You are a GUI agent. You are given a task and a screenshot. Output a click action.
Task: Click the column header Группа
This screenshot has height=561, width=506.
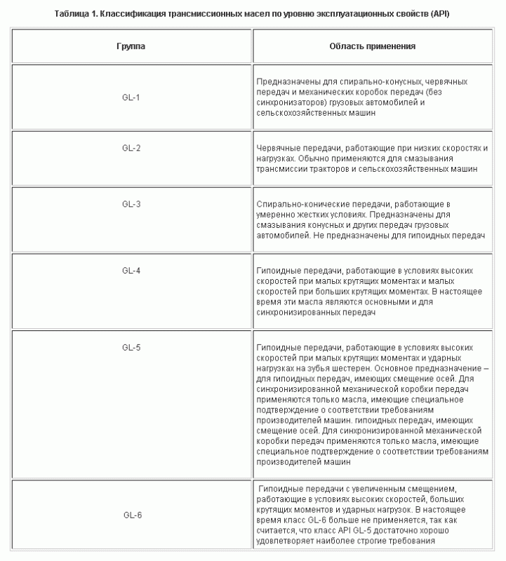131,46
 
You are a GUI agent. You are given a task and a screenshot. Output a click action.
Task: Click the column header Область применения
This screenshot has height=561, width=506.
373,46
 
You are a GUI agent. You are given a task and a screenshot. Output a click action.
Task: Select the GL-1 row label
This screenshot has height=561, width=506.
131,97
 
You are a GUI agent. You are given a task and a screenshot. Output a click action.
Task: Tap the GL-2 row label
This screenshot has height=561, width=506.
131,147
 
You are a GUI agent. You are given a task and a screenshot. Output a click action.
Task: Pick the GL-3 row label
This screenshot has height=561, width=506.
131,204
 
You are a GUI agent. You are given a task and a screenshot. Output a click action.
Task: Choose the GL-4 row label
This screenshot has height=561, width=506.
131,270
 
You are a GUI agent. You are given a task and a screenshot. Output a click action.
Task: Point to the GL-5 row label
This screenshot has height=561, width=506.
131,347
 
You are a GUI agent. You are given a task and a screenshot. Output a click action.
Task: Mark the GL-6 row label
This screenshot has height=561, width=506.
131,515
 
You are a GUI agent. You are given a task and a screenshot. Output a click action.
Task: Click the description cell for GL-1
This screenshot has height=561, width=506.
373,97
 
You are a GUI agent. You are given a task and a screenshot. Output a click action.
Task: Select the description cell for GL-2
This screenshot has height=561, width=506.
373,158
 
